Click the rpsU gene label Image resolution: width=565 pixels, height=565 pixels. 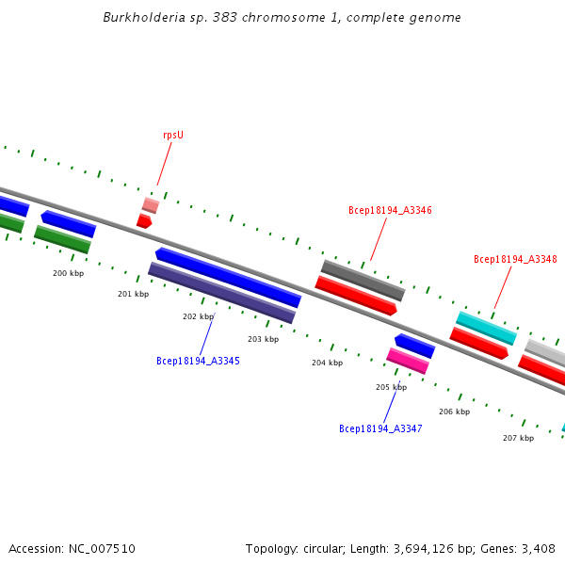(x=172, y=135)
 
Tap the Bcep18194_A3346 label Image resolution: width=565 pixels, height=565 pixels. (x=390, y=210)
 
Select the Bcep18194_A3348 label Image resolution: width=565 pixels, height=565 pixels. (x=515, y=259)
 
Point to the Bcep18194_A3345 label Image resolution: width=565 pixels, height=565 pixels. (x=198, y=361)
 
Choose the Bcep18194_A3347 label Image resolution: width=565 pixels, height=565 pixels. (x=380, y=428)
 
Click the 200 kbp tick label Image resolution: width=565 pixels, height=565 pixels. (x=68, y=273)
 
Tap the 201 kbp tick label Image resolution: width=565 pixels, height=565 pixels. (x=133, y=294)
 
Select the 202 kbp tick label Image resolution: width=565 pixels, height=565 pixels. (x=198, y=316)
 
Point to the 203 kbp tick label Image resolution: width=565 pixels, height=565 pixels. (x=263, y=339)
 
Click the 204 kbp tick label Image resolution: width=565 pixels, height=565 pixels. (x=327, y=363)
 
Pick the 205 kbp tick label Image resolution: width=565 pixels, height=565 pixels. (x=391, y=387)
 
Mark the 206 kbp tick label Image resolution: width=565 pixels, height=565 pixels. (x=454, y=412)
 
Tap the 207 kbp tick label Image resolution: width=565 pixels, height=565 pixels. (x=518, y=438)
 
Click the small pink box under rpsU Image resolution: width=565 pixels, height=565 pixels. (x=150, y=204)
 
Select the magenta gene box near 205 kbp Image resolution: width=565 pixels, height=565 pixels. (x=408, y=361)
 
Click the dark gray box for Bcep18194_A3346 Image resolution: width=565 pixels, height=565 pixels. (x=363, y=281)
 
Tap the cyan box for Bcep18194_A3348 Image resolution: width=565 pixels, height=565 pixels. (x=486, y=328)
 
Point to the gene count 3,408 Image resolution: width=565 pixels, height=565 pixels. (x=538, y=548)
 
